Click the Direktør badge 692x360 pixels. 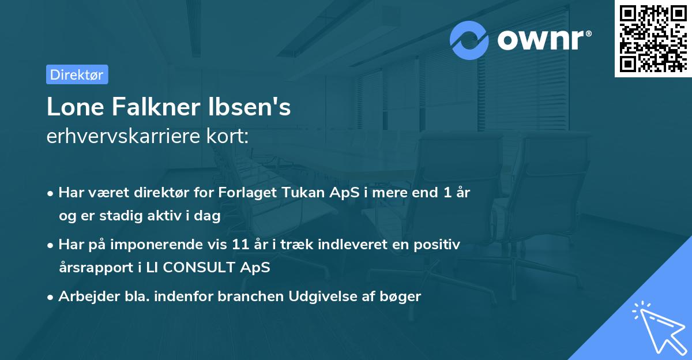[77, 74]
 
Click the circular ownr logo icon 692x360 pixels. [469, 40]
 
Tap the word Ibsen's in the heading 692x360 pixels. [255, 107]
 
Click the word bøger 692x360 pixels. [404, 297]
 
